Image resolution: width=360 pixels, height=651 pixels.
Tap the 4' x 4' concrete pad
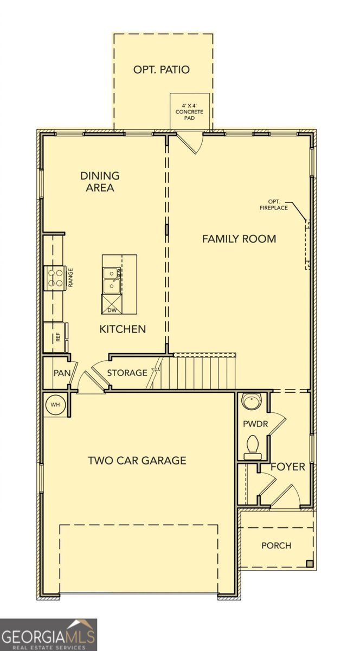point(189,111)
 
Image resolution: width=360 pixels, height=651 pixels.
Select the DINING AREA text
point(100,182)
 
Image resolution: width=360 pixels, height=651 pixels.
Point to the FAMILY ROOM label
point(239,239)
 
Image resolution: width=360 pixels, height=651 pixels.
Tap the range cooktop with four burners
point(55,277)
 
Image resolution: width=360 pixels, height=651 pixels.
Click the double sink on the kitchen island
point(111,280)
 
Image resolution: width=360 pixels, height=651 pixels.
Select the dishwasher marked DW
point(112,304)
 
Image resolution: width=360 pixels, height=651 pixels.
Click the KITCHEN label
point(123,329)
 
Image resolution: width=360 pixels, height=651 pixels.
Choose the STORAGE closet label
point(127,373)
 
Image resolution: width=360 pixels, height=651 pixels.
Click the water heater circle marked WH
point(55,405)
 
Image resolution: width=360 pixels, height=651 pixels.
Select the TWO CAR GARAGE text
point(137,461)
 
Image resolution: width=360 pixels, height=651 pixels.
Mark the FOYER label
point(288,467)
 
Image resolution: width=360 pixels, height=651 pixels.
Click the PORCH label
point(276,545)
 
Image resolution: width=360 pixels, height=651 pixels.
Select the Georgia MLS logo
point(49,635)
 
